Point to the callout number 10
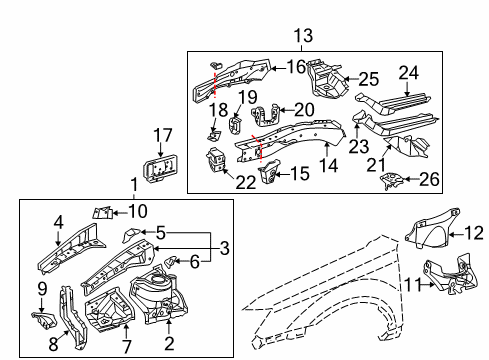[138, 210]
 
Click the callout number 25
[368, 79]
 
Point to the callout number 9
[41, 289]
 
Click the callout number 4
[59, 223]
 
